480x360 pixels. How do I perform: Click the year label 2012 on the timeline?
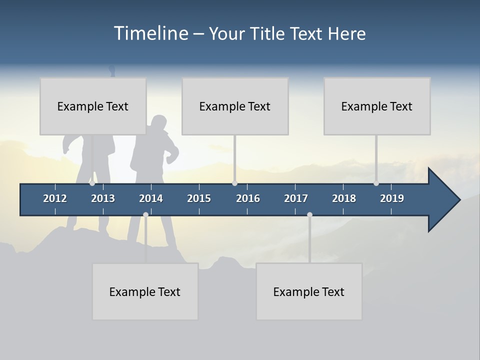[x=55, y=198]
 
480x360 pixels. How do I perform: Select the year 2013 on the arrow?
[x=103, y=198]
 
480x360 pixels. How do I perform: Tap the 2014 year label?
[x=151, y=198]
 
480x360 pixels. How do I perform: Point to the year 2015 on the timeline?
[x=199, y=198]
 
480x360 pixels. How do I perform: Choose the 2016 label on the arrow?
[x=248, y=198]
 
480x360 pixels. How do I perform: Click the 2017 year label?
[x=296, y=198]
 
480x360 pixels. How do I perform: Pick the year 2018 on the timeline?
[x=344, y=198]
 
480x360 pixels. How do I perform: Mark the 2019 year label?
[x=392, y=198]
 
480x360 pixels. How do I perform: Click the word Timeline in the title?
[x=150, y=33]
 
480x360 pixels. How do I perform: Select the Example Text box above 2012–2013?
[x=93, y=106]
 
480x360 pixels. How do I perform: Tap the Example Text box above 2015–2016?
[x=235, y=106]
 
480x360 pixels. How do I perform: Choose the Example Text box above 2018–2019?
[x=377, y=106]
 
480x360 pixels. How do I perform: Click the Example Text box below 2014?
[x=145, y=291]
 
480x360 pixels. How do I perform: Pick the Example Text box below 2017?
[x=309, y=291]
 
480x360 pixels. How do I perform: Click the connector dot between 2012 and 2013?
[x=92, y=183]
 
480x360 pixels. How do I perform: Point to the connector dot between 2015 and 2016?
[x=235, y=183]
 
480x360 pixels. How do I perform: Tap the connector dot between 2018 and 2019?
[x=376, y=183]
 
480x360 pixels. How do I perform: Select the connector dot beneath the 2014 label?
[x=145, y=215]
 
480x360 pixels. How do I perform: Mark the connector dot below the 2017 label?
[x=309, y=215]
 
